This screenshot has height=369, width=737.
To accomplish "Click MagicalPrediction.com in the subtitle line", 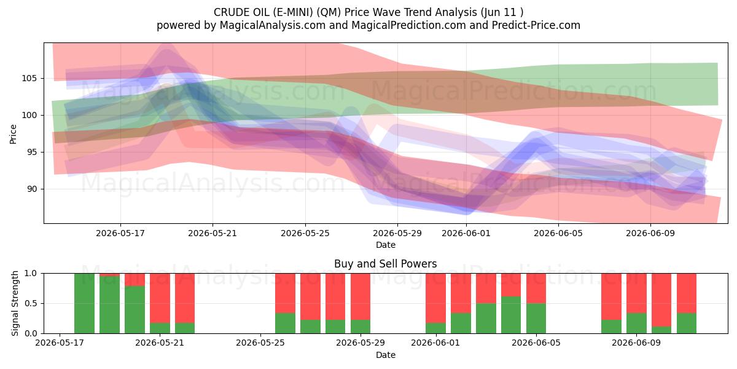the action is (408, 25).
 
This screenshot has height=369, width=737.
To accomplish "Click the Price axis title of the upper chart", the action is (13, 134).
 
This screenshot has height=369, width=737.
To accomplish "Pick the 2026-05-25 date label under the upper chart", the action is (305, 233).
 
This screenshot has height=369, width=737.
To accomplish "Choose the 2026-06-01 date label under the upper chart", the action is (466, 233).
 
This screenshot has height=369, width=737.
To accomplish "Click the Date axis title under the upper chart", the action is (386, 245).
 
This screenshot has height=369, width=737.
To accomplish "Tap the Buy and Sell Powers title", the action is (386, 264).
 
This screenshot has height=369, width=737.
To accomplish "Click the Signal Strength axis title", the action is (15, 303).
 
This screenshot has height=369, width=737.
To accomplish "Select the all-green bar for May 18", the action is (85, 303).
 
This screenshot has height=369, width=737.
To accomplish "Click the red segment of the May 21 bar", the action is (160, 298).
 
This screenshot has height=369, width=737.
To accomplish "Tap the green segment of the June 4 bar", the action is (511, 315).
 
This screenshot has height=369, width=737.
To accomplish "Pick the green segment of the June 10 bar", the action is (661, 330).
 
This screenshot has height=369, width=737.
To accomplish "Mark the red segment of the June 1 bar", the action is (435, 298).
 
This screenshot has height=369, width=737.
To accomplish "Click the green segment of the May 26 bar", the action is (285, 323).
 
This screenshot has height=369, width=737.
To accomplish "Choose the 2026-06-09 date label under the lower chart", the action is (636, 343).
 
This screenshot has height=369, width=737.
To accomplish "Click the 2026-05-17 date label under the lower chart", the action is (60, 343).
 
